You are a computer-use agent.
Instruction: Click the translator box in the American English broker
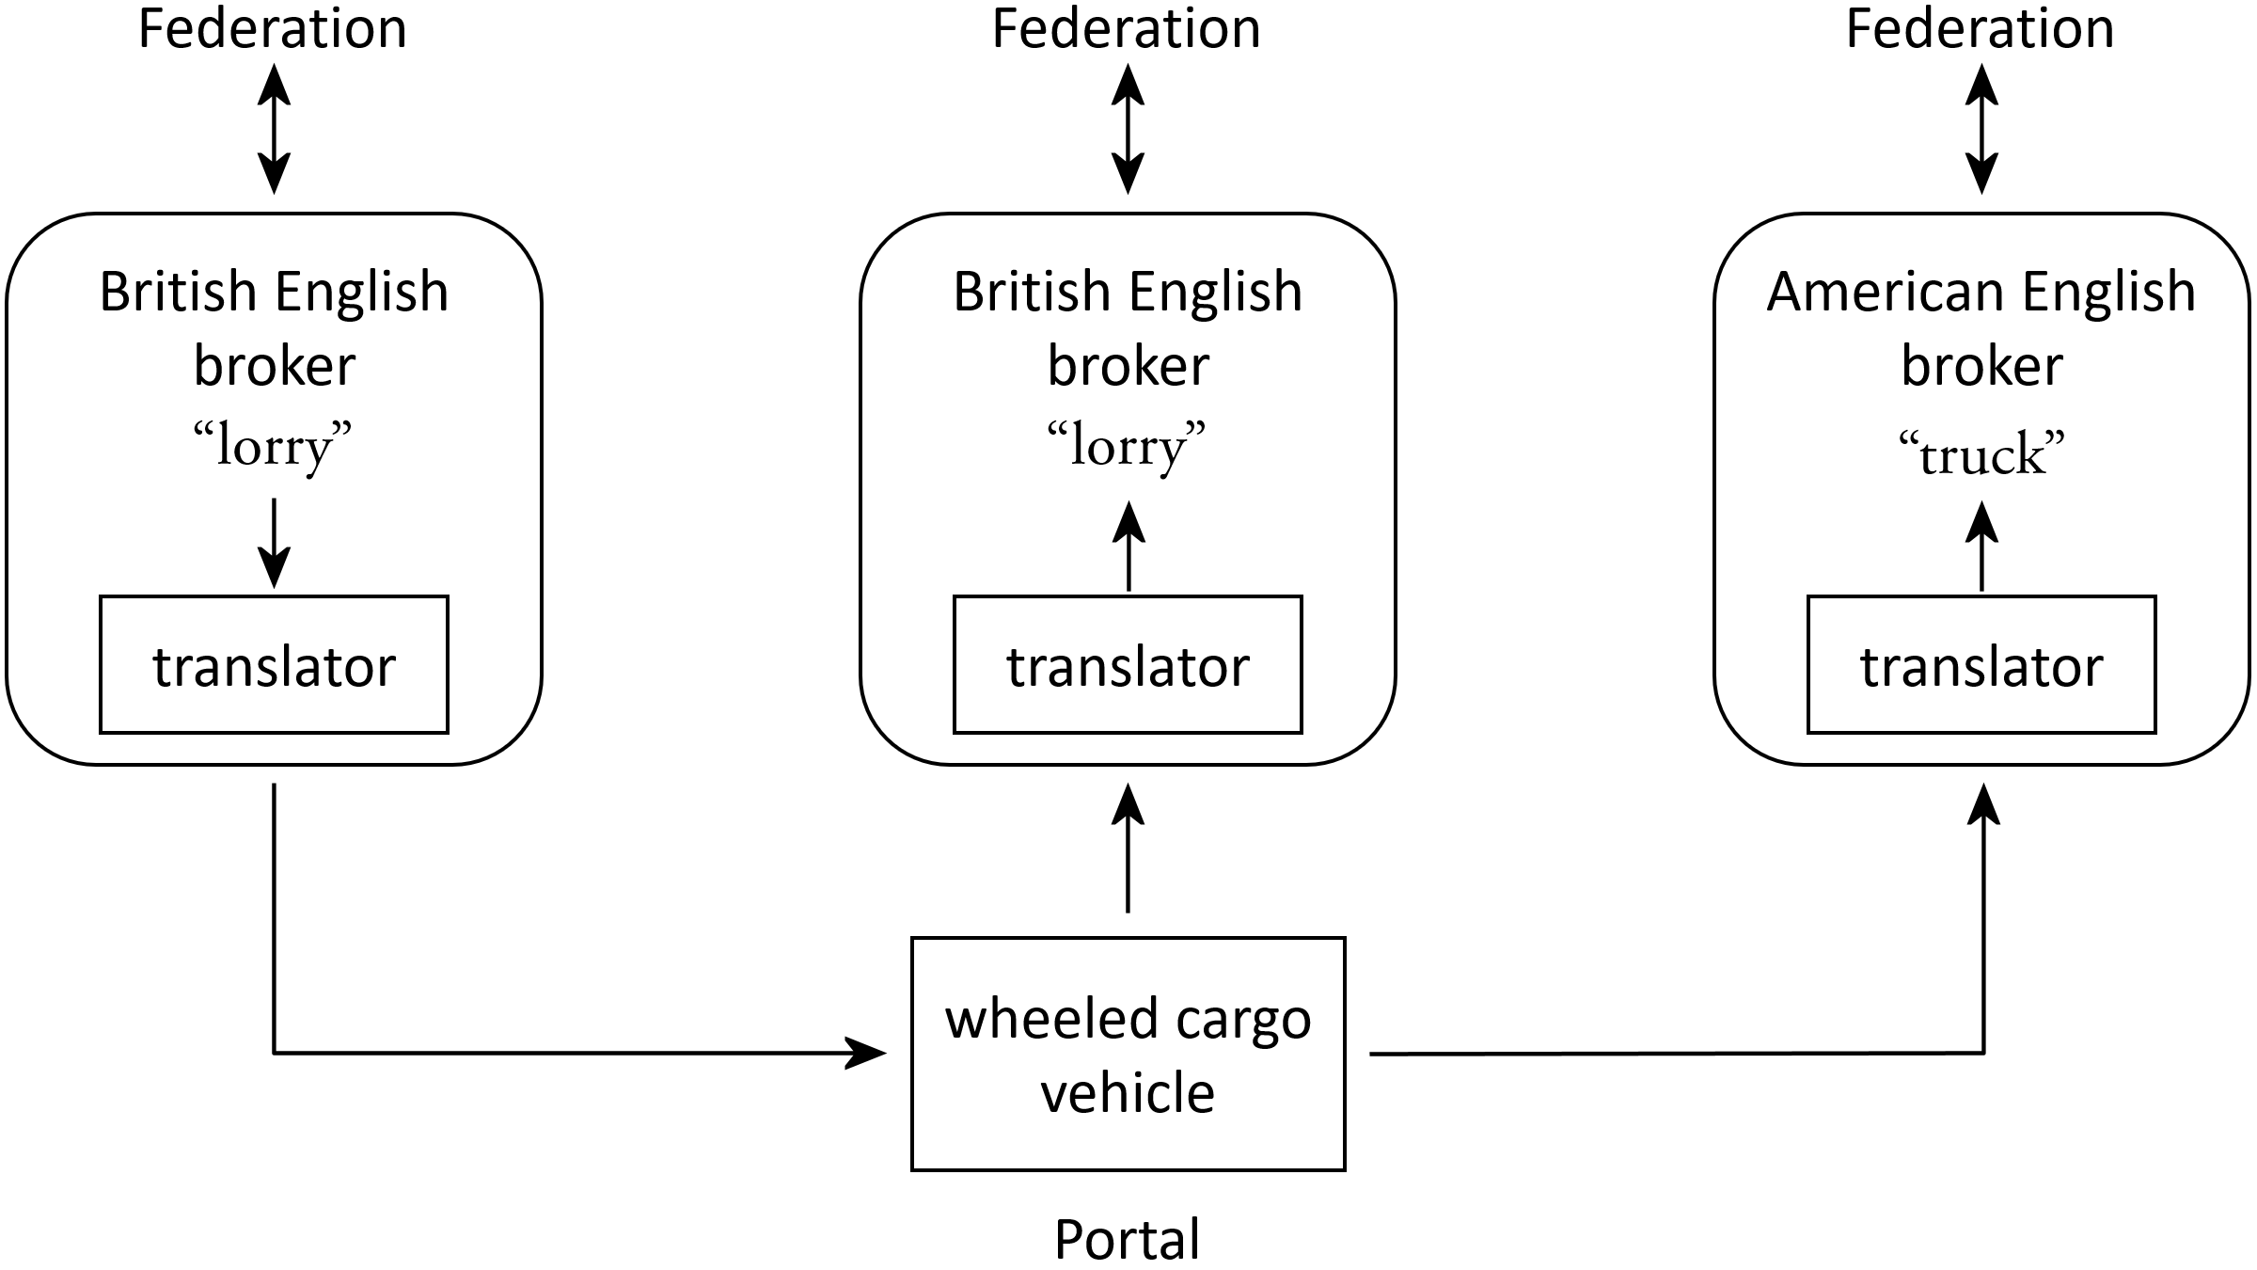(1981, 664)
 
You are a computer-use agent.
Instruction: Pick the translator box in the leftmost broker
(274, 664)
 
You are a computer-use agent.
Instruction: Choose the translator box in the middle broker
(1128, 664)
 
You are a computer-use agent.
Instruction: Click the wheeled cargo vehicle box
(1128, 1054)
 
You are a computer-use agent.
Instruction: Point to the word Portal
(1127, 1239)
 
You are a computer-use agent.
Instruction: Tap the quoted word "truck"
(1981, 454)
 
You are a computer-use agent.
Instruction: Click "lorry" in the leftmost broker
(273, 445)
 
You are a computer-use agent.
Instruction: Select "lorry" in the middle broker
(1127, 445)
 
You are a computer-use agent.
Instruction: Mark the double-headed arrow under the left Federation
(274, 129)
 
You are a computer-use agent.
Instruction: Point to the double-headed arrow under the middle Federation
(1128, 129)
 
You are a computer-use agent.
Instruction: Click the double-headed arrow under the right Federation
(1981, 129)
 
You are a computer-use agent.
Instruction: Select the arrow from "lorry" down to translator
(274, 543)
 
